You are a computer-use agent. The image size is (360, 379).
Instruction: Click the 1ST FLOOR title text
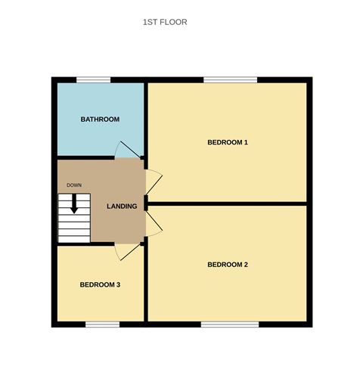165,22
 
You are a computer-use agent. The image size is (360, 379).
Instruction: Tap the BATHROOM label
100,120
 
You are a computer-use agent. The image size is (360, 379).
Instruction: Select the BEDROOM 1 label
228,142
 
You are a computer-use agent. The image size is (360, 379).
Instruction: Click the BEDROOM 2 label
228,265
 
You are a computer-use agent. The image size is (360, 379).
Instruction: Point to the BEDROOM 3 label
100,285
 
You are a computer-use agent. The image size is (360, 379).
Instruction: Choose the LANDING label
122,207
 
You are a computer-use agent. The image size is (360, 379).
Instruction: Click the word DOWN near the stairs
74,185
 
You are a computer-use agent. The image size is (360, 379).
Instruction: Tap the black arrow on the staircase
74,203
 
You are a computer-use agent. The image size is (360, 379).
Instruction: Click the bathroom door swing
128,150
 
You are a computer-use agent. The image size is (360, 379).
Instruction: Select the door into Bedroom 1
154,182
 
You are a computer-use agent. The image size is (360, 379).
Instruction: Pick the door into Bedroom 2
154,223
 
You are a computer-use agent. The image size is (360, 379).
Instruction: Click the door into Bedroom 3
128,252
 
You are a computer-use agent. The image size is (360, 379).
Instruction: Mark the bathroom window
94,80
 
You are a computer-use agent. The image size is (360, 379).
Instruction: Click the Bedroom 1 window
231,80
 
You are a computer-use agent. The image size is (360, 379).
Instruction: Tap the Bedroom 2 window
230,325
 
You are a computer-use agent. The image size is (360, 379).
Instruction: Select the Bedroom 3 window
103,325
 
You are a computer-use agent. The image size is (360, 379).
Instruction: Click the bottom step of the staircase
74,240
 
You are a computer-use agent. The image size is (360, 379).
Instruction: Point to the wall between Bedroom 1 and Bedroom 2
227,203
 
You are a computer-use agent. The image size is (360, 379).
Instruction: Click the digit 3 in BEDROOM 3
119,285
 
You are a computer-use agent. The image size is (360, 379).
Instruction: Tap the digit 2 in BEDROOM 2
246,265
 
